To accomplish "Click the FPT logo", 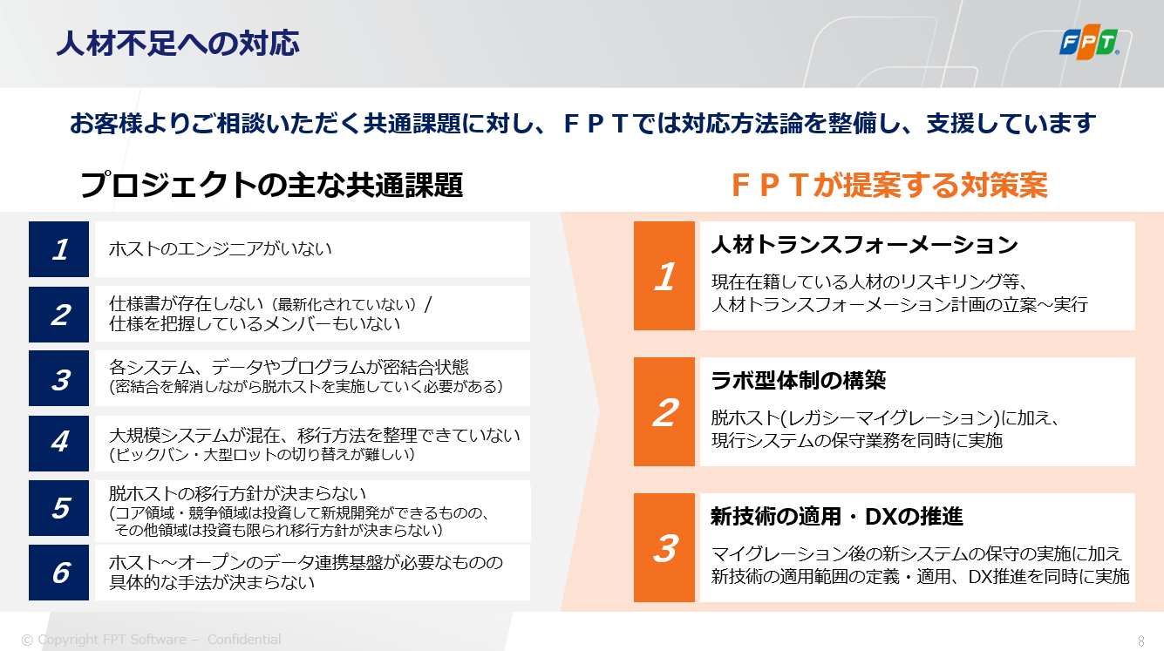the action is click(x=1089, y=42).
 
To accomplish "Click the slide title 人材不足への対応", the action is click(x=178, y=43).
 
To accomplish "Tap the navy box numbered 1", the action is click(x=58, y=249).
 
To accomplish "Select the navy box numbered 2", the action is click(x=58, y=315).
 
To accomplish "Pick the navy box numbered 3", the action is click(x=58, y=378).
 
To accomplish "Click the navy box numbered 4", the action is click(x=58, y=444).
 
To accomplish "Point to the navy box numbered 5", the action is click(x=58, y=507).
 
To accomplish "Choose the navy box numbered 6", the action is click(x=58, y=573).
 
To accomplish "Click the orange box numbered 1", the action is click(x=664, y=276).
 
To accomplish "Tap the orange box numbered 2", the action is click(x=664, y=411).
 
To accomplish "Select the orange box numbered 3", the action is click(x=664, y=547).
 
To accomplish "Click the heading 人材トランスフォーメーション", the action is click(x=864, y=245).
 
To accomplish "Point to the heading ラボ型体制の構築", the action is click(x=798, y=380).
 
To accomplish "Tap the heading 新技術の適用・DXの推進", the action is click(x=837, y=517).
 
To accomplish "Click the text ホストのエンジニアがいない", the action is click(x=220, y=249).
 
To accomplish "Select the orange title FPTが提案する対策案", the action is click(x=889, y=185).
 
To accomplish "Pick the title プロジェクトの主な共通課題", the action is click(x=271, y=185).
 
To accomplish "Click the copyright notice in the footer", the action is click(x=151, y=639).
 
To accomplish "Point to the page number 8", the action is click(x=1141, y=641).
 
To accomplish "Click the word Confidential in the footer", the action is click(x=244, y=639).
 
